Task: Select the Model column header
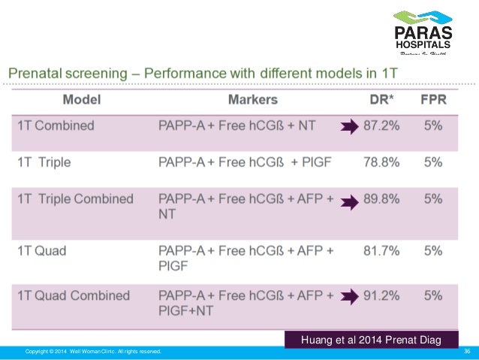(82, 100)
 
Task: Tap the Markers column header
(252, 100)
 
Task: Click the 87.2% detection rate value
(381, 126)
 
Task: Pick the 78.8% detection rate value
(381, 162)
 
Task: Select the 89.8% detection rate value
(381, 200)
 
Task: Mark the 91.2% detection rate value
(381, 295)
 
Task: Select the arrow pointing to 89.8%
(350, 201)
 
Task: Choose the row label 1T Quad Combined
(74, 295)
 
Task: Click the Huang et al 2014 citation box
(372, 340)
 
